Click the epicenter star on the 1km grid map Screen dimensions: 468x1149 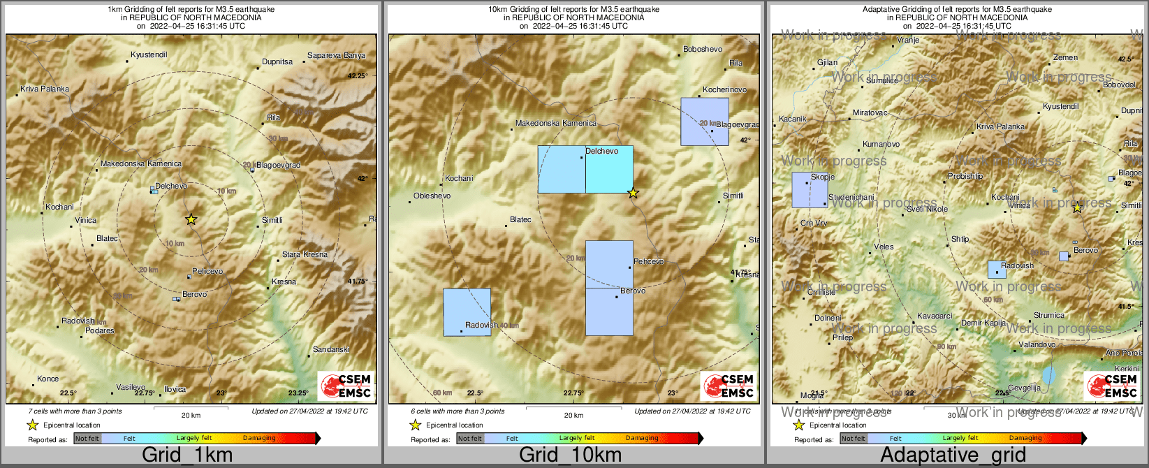click(191, 219)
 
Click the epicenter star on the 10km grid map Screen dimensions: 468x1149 click(633, 193)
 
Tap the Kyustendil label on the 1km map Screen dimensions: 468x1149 click(149, 54)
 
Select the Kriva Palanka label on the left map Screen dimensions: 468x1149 click(45, 89)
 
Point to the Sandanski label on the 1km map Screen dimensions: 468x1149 click(331, 349)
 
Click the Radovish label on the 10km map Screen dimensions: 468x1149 click(481, 325)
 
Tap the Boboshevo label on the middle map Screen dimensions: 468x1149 click(703, 49)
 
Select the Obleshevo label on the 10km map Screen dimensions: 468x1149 click(432, 196)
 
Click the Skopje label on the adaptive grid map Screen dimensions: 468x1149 click(822, 177)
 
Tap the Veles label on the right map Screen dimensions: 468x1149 click(884, 247)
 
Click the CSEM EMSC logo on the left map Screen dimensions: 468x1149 click(345, 386)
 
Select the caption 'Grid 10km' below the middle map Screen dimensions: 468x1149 click(570, 455)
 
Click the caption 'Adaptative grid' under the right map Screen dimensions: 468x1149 click(953, 455)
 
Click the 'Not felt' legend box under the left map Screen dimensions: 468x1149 click(87, 439)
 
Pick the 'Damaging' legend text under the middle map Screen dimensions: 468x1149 click(642, 438)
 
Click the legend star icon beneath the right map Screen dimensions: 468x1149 click(798, 425)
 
